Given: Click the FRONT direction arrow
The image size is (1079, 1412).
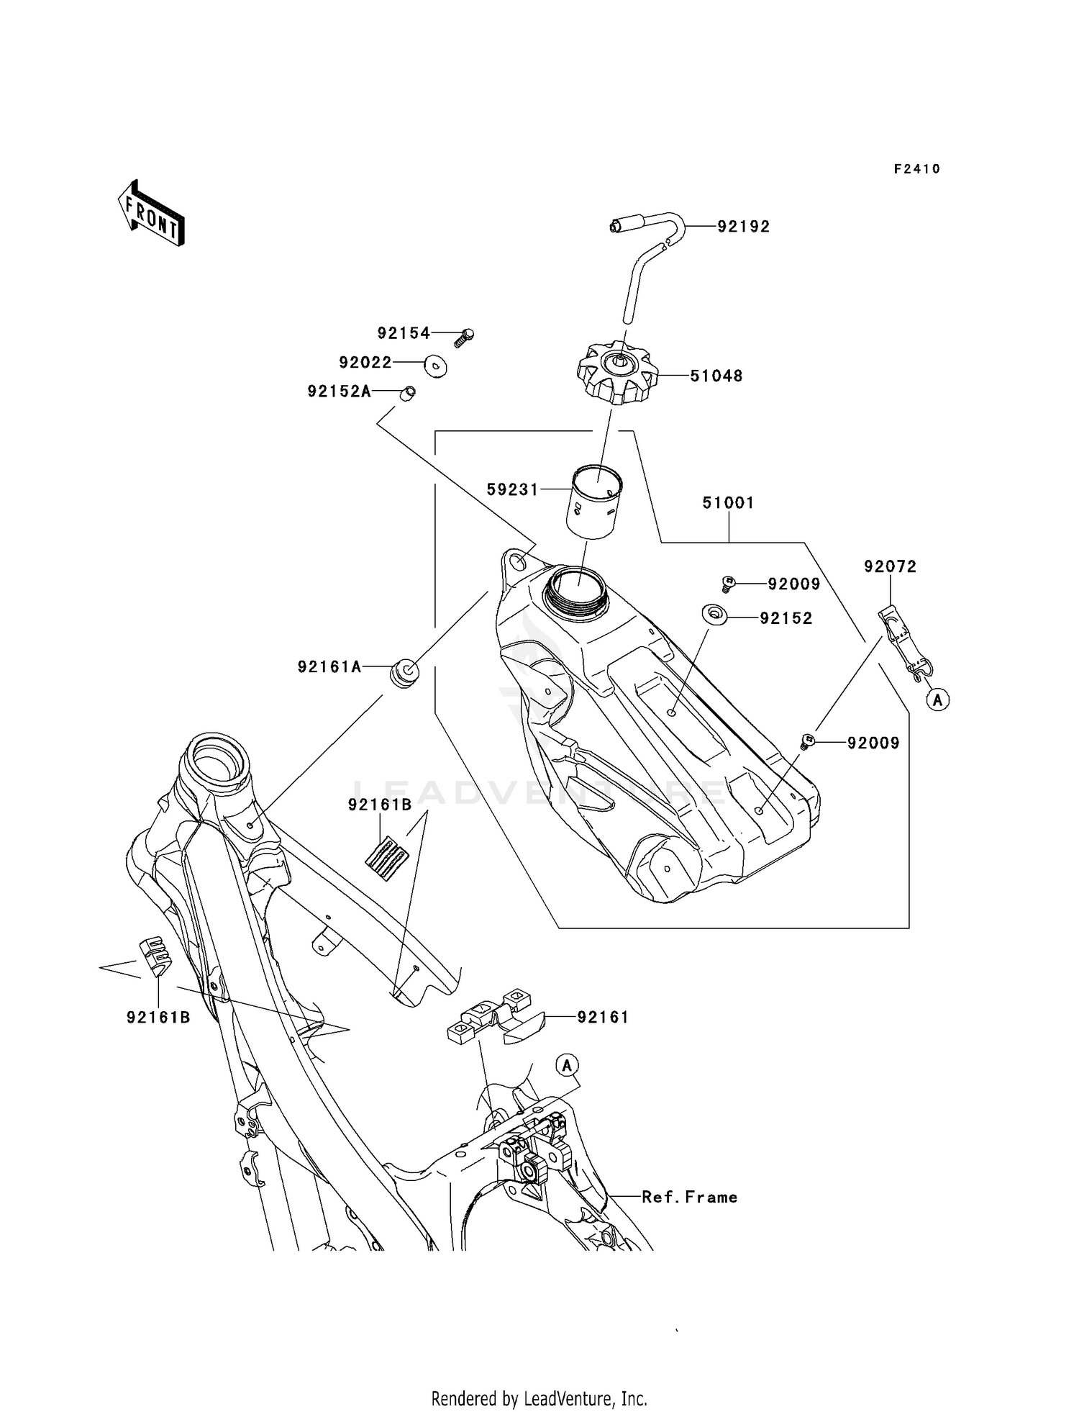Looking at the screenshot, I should coord(151,214).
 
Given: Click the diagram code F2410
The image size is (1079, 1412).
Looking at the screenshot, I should coord(916,169).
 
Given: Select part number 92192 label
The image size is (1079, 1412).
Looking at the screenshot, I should coord(744,227).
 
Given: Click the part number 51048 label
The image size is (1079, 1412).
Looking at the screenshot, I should coord(716,376).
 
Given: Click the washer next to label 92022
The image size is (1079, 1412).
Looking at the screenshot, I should coord(436,365).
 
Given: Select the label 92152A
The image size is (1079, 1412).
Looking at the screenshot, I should coord(339,392).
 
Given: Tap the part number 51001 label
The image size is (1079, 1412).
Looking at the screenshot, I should coord(728,503).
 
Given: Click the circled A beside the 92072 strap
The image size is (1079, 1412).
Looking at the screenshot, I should coord(938,699).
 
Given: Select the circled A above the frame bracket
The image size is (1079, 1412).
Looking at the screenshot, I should coord(567,1065).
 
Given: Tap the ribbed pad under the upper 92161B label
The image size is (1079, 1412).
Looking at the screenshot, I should coord(387,858).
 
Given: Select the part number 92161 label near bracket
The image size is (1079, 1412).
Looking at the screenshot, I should coord(603,1018).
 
